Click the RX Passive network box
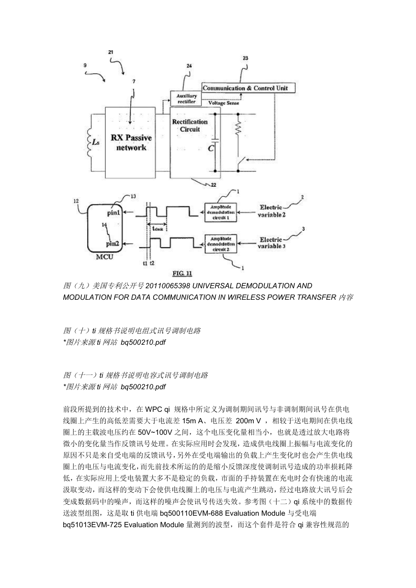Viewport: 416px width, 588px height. click(130, 143)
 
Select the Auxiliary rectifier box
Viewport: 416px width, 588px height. click(186, 99)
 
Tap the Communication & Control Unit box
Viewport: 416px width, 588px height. click(248, 88)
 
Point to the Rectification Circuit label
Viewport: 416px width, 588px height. click(190, 125)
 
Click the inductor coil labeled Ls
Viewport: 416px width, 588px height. click(90, 143)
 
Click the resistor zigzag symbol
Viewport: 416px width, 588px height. click(238, 128)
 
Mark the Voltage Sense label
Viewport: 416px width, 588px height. click(224, 103)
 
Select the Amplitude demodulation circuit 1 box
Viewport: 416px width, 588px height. click(221, 213)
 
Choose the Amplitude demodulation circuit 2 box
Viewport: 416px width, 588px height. click(221, 244)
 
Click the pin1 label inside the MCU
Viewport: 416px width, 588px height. click(113, 213)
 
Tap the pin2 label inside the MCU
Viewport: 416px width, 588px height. click(112, 244)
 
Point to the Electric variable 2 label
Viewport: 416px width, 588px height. click(271, 211)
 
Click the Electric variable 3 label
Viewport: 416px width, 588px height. click(271, 243)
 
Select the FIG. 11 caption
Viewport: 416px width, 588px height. click(182, 273)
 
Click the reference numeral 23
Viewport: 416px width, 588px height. click(246, 58)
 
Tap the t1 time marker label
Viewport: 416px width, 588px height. click(145, 263)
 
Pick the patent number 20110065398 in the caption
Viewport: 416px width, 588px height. click(168, 285)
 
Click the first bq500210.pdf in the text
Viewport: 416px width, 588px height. click(143, 342)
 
